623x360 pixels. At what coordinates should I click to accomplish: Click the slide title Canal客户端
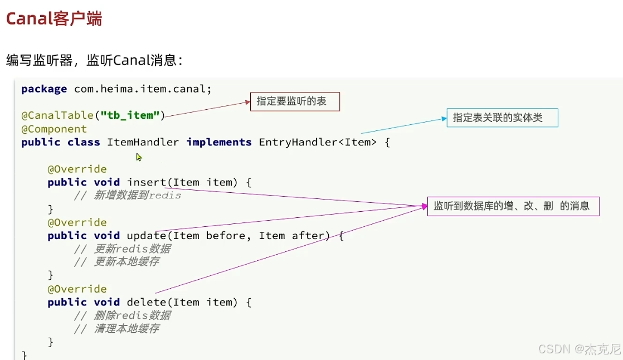pos(54,18)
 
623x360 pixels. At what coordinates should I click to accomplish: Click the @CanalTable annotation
pos(57,115)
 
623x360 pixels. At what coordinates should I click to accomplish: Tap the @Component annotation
pos(54,129)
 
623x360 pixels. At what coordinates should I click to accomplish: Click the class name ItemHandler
pos(143,142)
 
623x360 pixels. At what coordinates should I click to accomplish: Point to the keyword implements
pos(219,142)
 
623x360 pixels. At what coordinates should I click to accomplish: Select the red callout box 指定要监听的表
pos(294,101)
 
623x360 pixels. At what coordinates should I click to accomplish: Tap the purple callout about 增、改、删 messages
pos(513,206)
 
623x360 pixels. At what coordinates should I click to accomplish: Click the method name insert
pos(147,182)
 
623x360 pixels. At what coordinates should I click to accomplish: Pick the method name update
pos(147,236)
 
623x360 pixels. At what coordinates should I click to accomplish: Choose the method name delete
pos(147,303)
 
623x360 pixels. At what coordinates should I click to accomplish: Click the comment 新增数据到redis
pos(137,196)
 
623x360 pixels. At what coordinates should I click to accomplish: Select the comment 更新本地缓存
pos(126,262)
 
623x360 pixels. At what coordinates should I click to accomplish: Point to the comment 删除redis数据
pos(132,315)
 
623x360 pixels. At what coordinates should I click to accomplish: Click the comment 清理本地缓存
pos(126,329)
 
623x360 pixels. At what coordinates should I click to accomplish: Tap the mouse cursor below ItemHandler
pos(139,157)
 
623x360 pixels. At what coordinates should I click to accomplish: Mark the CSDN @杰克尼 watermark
pos(579,349)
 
